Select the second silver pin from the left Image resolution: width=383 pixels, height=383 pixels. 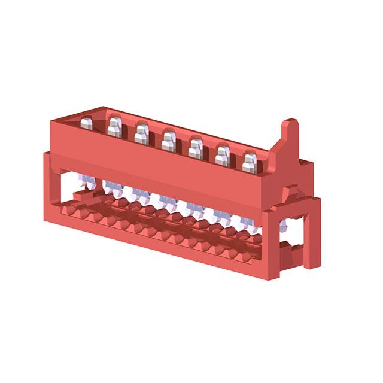114,128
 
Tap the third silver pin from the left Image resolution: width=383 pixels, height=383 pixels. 141,134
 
